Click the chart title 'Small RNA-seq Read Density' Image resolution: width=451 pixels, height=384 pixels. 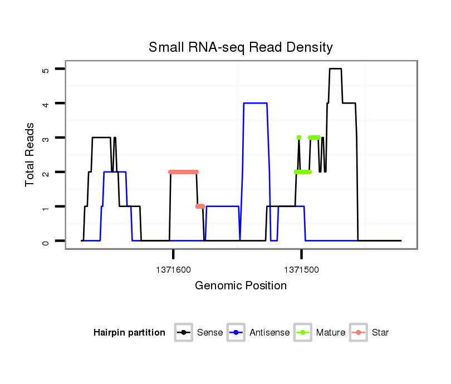tap(241, 47)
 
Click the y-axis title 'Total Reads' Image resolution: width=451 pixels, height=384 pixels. tap(31, 155)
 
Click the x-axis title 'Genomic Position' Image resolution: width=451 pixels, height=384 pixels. tap(241, 286)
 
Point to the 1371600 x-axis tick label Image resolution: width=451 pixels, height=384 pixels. tap(173, 269)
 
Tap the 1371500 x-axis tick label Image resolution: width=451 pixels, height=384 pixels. tap(301, 269)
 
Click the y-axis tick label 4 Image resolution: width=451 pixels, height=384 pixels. tap(46, 104)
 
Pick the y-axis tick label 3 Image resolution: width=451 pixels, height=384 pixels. tap(46, 138)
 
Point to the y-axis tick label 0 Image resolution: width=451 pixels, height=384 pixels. tap(46, 241)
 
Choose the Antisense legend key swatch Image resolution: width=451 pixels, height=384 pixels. tap(236, 333)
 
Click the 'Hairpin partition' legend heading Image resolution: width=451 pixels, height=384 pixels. tap(129, 333)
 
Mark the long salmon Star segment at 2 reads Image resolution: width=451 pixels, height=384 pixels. tap(183, 172)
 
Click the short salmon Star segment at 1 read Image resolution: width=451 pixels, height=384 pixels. tap(200, 206)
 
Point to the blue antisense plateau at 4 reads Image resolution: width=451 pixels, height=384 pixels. tap(256, 103)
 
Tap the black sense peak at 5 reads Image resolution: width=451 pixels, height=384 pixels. tap(335, 69)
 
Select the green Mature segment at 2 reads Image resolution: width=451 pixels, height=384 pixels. tap(303, 172)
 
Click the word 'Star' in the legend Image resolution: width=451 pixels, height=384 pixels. tap(380, 333)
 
